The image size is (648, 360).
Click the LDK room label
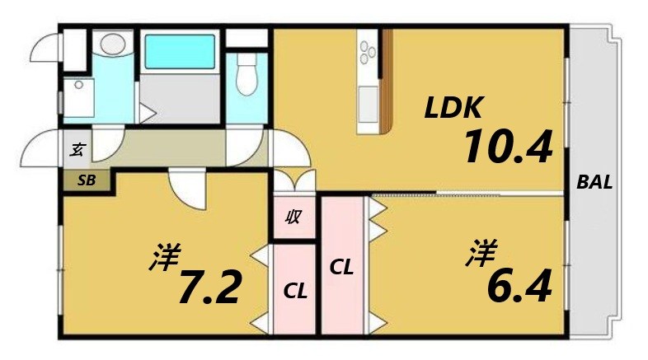tap(453, 107)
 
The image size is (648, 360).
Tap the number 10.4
tap(506, 147)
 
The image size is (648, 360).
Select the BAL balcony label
tap(594, 183)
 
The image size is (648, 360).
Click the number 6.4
tap(519, 285)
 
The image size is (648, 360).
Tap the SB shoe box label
tap(86, 180)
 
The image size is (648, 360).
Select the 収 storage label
tap(293, 218)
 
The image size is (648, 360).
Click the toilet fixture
tap(247, 78)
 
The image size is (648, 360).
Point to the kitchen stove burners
tap(366, 54)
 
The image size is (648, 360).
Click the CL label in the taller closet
tap(342, 268)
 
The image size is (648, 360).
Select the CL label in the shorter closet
tap(294, 290)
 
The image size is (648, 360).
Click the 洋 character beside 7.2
tap(166, 259)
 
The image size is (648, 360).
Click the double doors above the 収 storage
tap(293, 182)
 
